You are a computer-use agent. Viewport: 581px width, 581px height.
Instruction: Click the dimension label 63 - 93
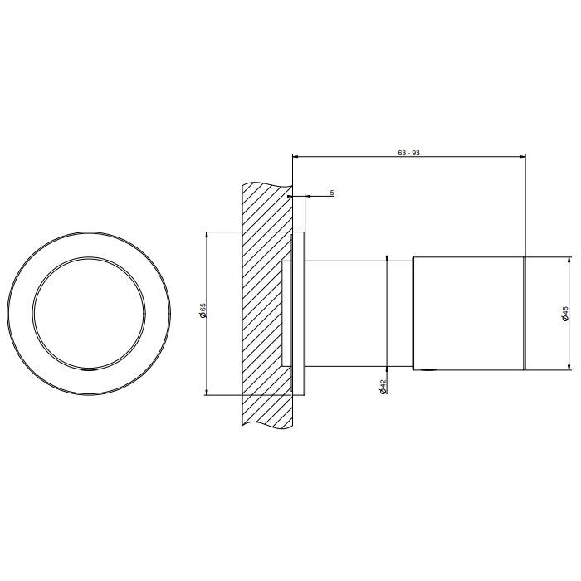(408, 152)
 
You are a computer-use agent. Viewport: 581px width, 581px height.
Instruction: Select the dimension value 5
(332, 193)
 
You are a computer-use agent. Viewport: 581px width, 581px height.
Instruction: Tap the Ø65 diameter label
(203, 310)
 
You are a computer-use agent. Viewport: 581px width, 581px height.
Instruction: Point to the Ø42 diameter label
(383, 387)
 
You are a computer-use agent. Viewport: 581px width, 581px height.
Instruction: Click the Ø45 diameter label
(565, 313)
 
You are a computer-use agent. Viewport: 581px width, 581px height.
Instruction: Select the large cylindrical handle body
(469, 313)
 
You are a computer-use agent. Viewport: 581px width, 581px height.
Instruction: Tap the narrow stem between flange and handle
(359, 314)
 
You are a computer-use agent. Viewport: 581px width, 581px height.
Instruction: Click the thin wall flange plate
(299, 314)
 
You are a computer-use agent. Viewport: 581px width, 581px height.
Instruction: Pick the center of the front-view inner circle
(89, 314)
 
